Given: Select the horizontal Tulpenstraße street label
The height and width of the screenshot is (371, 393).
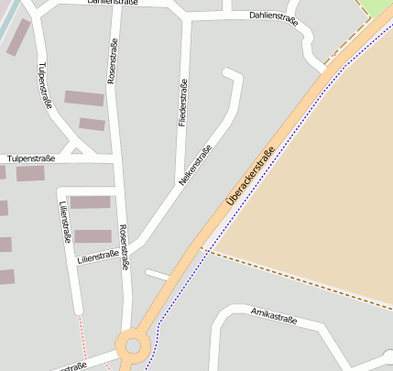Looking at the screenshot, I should pyautogui.click(x=30, y=159).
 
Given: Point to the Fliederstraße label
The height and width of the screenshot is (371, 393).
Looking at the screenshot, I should pyautogui.click(x=184, y=102).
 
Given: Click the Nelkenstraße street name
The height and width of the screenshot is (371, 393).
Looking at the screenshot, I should pyautogui.click(x=195, y=166).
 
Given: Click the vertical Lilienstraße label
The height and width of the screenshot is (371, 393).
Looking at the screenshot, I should pyautogui.click(x=64, y=223).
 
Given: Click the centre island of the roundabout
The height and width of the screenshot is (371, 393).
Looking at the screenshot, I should pyautogui.click(x=134, y=346).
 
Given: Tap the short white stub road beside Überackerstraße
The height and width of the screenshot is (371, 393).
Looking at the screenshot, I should pyautogui.click(x=158, y=274).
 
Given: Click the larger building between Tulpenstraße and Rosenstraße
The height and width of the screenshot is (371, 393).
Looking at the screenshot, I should pyautogui.click(x=84, y=98).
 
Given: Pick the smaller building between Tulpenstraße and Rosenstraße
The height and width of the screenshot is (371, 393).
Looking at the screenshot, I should pyautogui.click(x=92, y=124).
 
